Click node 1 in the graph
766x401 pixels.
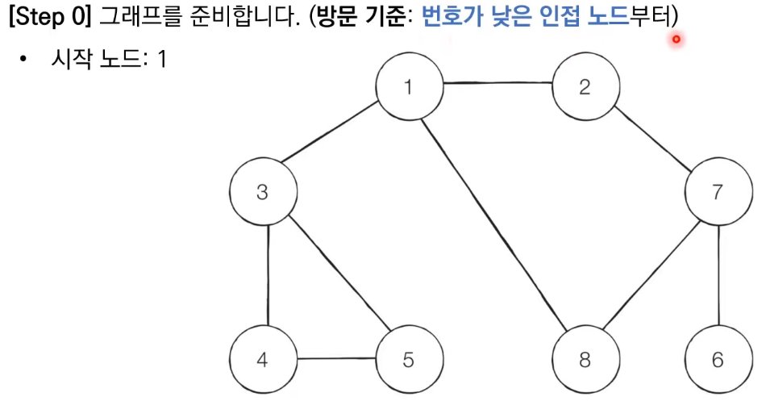click(410, 86)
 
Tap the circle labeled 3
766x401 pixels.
click(262, 192)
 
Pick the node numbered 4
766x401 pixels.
click(262, 359)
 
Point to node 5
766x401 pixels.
click(409, 359)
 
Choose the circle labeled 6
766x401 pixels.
click(718, 359)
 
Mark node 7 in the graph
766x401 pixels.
click(718, 192)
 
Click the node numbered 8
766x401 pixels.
click(585, 359)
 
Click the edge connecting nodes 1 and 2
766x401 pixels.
click(497, 84)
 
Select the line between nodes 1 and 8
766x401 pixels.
click(497, 223)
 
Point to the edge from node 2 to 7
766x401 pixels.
click(652, 139)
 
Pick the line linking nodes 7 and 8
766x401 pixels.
click(652, 276)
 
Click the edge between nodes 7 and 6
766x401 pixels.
click(718, 276)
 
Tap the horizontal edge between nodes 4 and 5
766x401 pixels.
click(335, 360)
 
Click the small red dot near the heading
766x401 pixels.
click(676, 38)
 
